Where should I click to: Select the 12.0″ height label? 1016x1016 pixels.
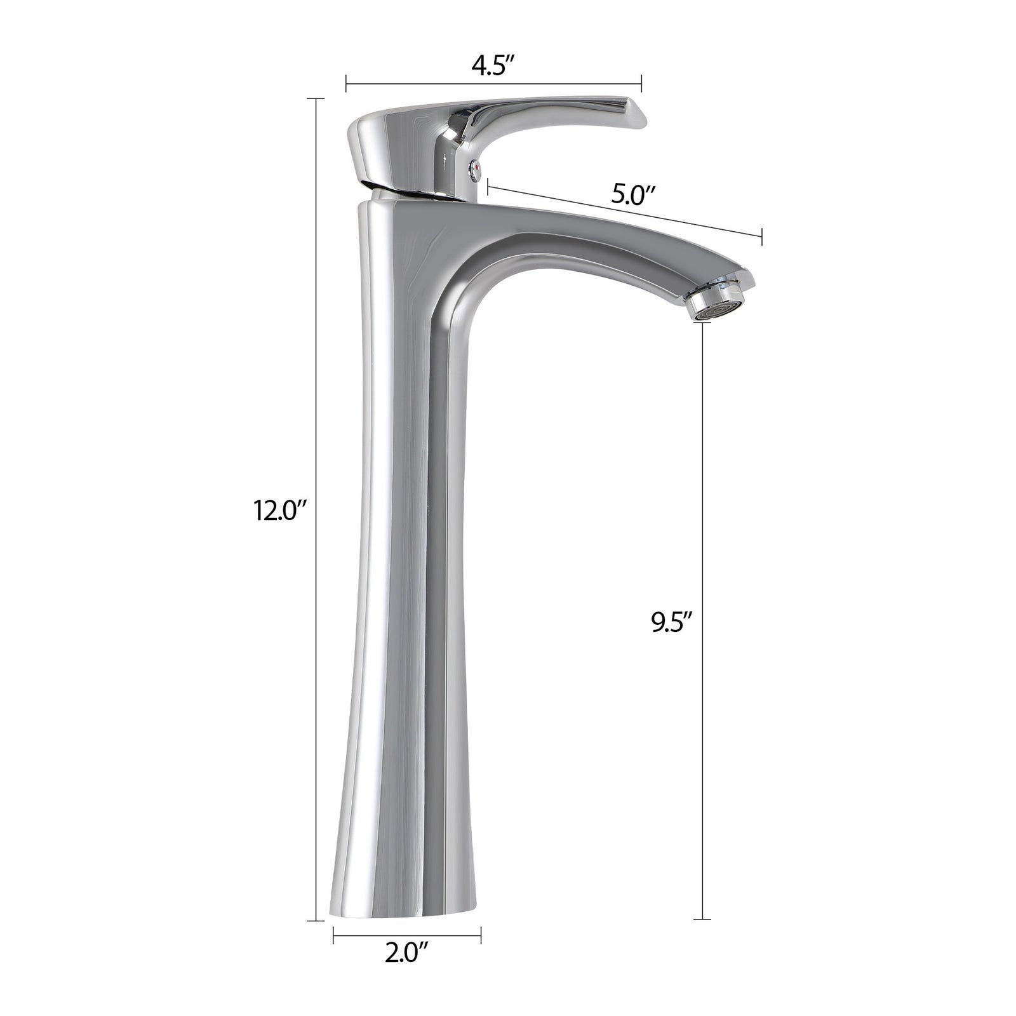point(281,509)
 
